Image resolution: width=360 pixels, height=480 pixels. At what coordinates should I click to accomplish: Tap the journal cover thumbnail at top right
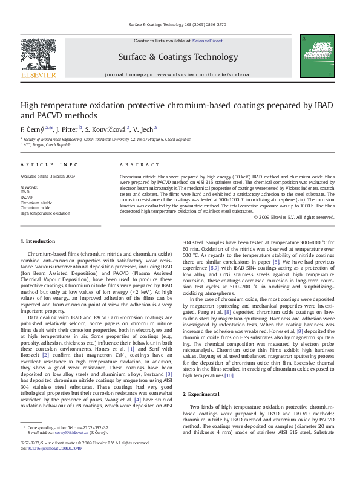coord(316,56)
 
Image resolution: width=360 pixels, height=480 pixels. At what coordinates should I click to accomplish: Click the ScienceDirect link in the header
coord(207,41)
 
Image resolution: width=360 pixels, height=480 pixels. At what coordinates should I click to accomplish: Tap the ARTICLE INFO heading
coord(50,164)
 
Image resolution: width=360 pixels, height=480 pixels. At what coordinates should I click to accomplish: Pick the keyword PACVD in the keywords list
coord(27,197)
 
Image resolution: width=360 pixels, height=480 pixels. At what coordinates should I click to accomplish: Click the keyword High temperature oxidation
coord(45,213)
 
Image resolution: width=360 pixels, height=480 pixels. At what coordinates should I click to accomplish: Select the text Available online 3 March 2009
coord(48,177)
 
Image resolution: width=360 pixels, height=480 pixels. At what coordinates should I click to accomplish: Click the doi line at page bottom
coord(52,448)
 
